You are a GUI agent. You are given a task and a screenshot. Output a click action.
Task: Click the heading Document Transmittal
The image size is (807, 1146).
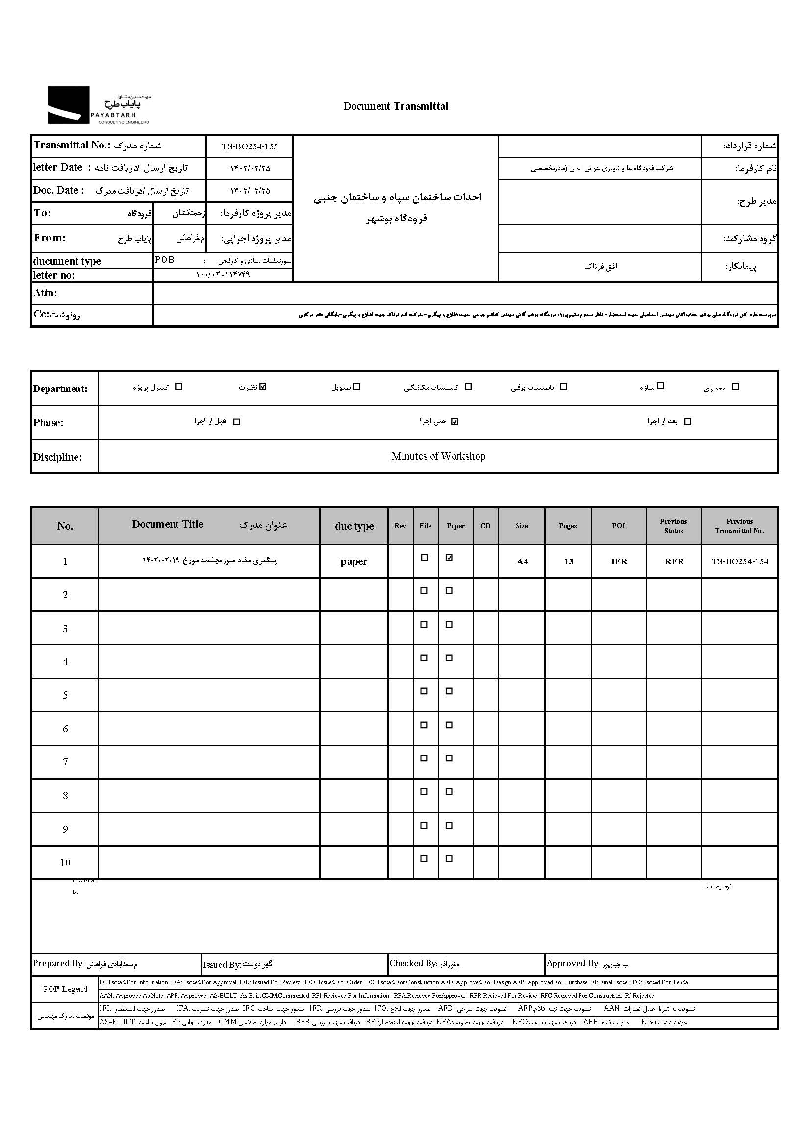coord(396,106)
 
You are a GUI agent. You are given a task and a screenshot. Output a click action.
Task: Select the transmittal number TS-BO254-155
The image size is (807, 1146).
coord(250,147)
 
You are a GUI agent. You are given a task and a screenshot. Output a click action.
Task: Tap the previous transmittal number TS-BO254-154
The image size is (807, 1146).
coord(739,561)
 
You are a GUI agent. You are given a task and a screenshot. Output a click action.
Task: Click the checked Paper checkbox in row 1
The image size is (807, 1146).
coord(449,558)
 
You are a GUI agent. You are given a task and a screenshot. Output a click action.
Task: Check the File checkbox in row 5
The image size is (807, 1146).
coord(424,691)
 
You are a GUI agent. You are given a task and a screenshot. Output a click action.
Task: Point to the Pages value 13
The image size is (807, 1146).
coord(568,562)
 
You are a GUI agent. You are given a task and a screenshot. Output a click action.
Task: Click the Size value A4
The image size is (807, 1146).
coord(522,562)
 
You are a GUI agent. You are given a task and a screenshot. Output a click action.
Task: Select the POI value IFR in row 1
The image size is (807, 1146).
coord(619,562)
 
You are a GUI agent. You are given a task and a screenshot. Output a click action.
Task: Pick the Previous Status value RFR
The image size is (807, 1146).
coord(674,562)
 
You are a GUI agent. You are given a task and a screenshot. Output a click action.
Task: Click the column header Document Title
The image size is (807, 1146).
coord(167,525)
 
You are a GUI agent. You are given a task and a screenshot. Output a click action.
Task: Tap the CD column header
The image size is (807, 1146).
coord(485,526)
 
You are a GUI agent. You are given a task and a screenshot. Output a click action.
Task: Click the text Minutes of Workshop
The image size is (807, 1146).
coord(438,456)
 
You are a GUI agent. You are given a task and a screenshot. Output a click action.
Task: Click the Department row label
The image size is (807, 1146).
coord(60,389)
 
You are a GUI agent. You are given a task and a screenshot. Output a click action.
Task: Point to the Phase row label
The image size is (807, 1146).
coord(49,423)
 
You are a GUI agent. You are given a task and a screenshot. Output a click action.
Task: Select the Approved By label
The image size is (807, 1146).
coord(572,963)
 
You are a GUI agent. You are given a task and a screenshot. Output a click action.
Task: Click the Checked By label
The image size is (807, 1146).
coord(413,963)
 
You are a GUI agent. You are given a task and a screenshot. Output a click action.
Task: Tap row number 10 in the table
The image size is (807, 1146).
coord(65,863)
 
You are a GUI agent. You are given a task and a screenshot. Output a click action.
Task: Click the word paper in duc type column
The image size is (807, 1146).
coord(353,562)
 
